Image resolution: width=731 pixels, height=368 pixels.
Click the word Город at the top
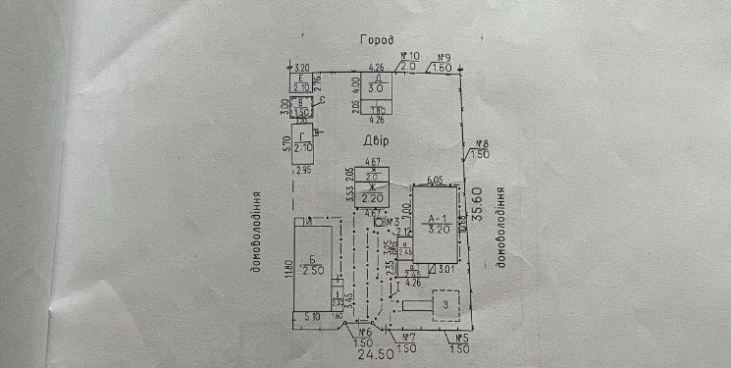377,41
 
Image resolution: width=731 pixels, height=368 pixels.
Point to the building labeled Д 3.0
376,86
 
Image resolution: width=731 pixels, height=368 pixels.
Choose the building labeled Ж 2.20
373,192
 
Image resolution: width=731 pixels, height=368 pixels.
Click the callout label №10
410,57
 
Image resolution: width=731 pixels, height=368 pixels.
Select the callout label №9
443,57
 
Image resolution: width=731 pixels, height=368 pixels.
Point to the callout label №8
481,145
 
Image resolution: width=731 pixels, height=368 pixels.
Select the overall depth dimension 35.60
479,217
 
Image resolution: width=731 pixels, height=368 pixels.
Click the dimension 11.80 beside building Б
288,268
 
